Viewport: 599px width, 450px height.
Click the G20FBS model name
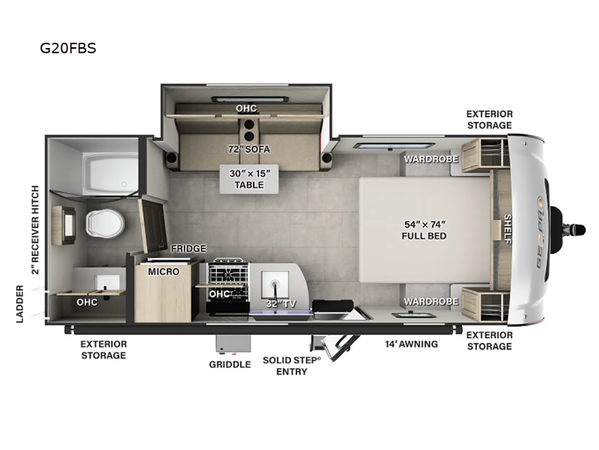click(68, 49)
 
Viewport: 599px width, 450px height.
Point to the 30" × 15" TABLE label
click(248, 178)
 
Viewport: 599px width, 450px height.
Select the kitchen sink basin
click(274, 286)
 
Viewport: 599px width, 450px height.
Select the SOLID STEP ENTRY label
click(291, 365)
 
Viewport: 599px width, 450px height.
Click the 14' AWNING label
click(413, 344)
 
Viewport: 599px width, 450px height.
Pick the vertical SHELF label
click(507, 229)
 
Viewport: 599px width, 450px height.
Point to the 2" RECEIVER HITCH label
click(34, 228)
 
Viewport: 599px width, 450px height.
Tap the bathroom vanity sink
click(107, 283)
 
